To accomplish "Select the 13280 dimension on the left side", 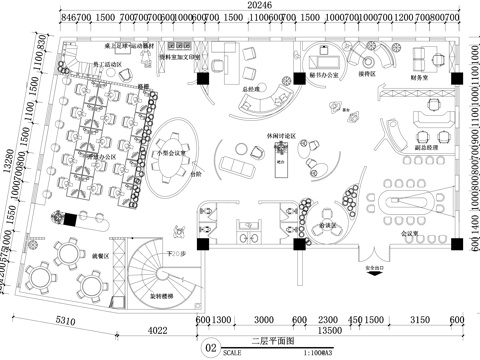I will point(8,161).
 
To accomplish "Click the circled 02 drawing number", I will point(210,348).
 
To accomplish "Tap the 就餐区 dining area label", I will point(102,255).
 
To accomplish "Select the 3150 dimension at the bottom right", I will point(420,319).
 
